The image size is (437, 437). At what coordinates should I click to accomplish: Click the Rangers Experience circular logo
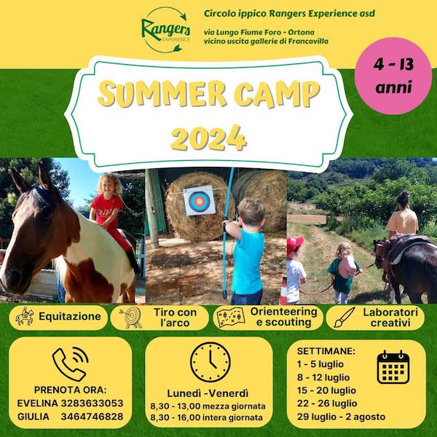point(166,30)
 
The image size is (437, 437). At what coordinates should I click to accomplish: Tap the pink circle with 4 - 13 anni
point(393,76)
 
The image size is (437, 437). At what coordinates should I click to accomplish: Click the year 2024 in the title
point(209,138)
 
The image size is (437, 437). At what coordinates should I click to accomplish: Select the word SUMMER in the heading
point(162,93)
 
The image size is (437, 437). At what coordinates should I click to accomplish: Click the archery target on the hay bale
point(200,201)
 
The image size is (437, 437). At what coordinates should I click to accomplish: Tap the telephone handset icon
point(70,364)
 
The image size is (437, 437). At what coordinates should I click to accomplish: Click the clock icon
point(210,362)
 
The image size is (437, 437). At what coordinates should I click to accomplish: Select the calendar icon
point(393,367)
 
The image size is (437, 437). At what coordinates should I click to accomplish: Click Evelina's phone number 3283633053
point(92,403)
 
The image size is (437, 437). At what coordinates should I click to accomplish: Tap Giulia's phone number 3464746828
point(92,417)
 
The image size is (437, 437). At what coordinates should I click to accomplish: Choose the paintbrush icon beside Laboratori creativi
point(345,318)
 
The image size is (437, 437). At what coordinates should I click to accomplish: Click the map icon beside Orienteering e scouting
point(231,317)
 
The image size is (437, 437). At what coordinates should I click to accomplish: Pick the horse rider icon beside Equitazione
point(25,316)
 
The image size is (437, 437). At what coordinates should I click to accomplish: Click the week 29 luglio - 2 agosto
point(341,417)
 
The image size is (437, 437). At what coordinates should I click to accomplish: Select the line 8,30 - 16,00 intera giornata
point(207,417)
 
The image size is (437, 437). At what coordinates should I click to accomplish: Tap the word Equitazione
point(70,316)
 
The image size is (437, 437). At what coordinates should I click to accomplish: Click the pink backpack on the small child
point(347,267)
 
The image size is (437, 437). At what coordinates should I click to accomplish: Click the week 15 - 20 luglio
point(326,390)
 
